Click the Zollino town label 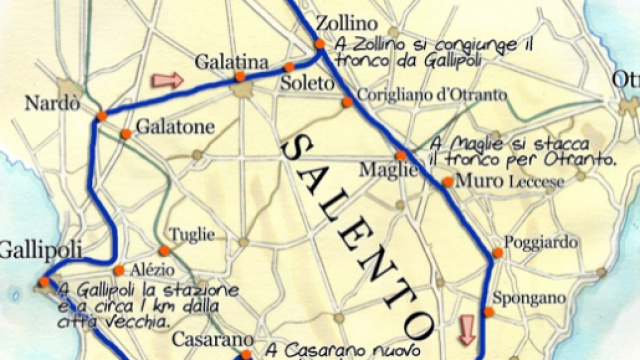coord(347,22)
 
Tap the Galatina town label coord(232,62)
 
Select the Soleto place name coord(305,83)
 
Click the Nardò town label coord(52,104)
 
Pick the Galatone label coord(175,128)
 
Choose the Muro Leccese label coord(509,181)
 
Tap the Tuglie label coord(192,234)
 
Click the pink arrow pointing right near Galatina coord(167,79)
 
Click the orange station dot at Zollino coord(319,44)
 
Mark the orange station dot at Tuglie coord(164,250)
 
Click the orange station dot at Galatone coord(126,134)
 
